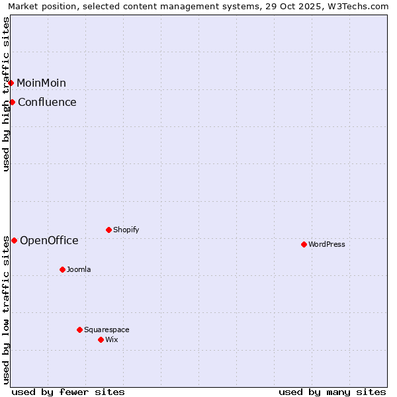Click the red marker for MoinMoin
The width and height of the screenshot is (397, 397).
coord(11,83)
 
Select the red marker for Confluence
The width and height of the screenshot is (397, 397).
coord(13,102)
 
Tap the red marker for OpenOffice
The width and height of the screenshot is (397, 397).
coord(14,240)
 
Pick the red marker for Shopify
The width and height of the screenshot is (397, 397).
coord(109,230)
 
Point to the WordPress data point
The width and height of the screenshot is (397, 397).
coord(304,244)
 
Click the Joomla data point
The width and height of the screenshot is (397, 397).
coord(62,269)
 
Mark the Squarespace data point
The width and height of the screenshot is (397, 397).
coord(79,330)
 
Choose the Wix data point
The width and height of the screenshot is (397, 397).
coord(101,339)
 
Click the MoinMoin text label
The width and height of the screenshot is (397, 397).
coord(41,83)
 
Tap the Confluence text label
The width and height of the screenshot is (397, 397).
coord(47,102)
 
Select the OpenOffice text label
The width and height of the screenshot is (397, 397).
coord(49,240)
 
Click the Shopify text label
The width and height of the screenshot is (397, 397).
coord(126,230)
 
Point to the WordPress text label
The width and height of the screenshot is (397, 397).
coord(326,244)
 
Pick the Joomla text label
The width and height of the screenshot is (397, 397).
coord(79,269)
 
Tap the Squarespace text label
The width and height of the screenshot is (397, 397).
coord(107,330)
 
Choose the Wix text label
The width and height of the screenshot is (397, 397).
coord(111,339)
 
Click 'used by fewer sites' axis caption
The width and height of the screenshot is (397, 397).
coord(68,392)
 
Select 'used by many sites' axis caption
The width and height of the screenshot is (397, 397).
coord(332,392)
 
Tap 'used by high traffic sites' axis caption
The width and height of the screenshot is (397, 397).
coord(7,94)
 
